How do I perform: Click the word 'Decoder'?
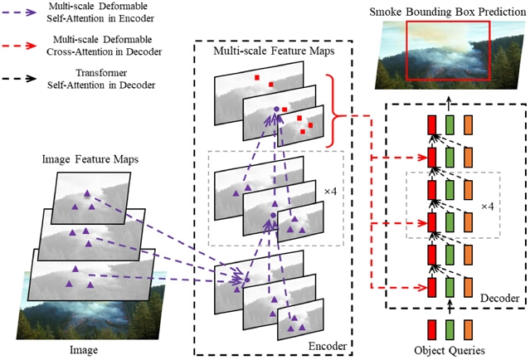pos(499,297)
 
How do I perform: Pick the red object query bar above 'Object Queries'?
pos(431,328)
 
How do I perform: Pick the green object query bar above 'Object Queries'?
pos(450,328)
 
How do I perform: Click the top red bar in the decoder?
pos(431,124)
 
